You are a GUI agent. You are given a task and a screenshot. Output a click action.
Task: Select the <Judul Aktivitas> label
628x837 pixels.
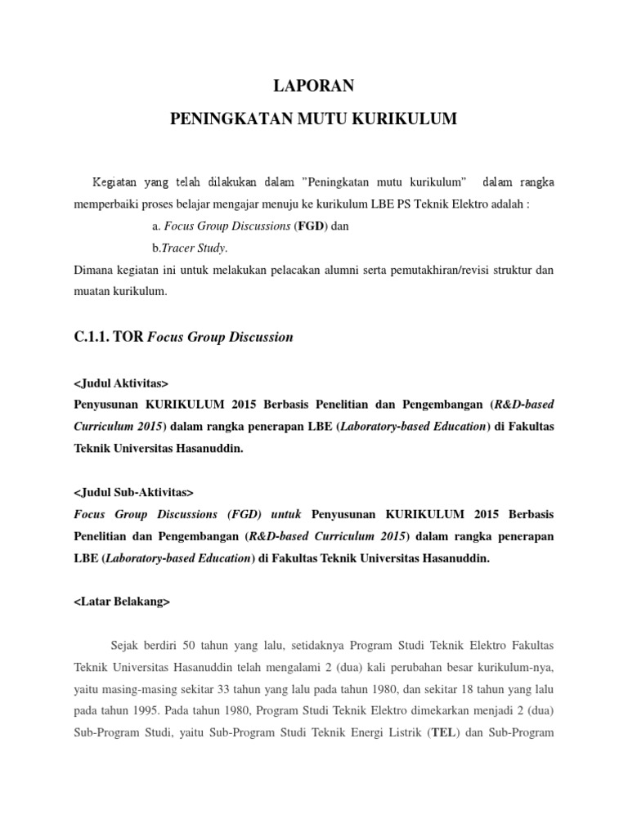click(121, 383)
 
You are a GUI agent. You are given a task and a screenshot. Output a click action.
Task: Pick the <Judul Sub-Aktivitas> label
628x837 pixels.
click(134, 492)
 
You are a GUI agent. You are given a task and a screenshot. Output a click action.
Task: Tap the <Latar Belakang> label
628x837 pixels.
click(122, 602)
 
